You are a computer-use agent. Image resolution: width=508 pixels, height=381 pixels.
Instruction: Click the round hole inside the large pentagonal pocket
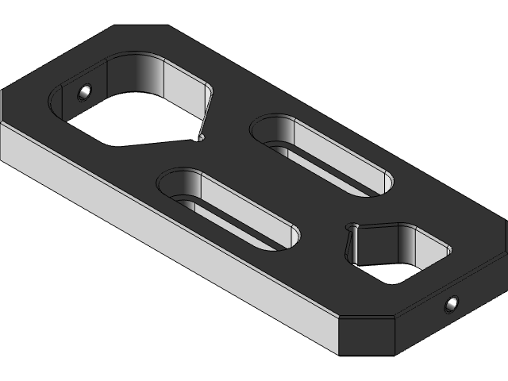(x=84, y=93)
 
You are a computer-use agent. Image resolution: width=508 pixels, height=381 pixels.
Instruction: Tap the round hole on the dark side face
(x=452, y=302)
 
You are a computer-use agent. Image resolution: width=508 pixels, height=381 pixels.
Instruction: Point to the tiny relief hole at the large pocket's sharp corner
(x=199, y=137)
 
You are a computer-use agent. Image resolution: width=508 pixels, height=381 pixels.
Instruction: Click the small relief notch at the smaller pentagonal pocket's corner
(x=352, y=229)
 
